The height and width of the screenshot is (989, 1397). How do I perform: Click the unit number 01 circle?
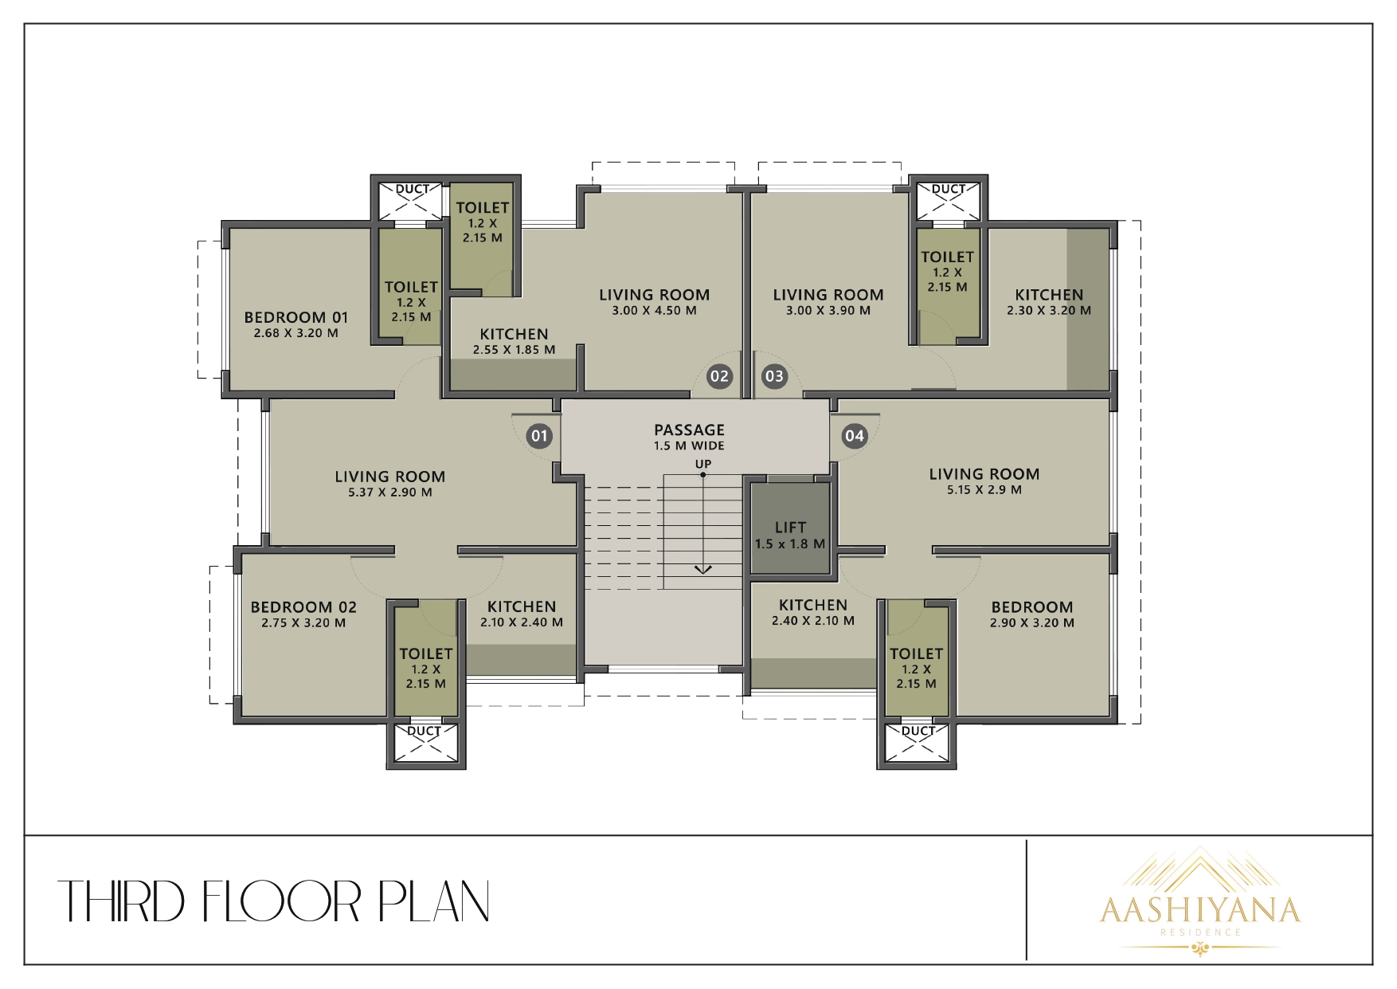[539, 435]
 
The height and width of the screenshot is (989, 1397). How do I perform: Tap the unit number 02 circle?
[719, 376]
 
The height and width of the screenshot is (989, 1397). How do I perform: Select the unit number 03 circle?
[774, 376]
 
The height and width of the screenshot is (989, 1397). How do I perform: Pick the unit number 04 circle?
[855, 435]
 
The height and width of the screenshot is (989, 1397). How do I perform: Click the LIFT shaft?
[790, 526]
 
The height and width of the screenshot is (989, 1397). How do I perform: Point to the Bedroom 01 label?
[296, 324]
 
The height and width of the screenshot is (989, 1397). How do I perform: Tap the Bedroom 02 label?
[303, 614]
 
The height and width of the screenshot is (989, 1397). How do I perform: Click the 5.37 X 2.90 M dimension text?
[390, 493]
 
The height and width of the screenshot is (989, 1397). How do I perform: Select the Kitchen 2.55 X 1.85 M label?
[514, 341]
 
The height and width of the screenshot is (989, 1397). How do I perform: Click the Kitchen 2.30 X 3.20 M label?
[1049, 302]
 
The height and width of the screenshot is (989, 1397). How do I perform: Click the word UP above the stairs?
[703, 464]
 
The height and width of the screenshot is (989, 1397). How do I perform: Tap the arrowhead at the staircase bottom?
[702, 569]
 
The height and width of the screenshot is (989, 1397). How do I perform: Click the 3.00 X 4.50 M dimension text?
[654, 311]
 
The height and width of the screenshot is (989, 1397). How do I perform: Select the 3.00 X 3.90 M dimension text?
[828, 311]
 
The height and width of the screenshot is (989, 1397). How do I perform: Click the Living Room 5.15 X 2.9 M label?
[984, 481]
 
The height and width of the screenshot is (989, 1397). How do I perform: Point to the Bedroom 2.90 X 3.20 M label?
[1032, 614]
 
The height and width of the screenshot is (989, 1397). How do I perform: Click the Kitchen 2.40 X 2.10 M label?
[813, 612]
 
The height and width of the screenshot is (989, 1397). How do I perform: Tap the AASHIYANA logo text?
[1200, 909]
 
